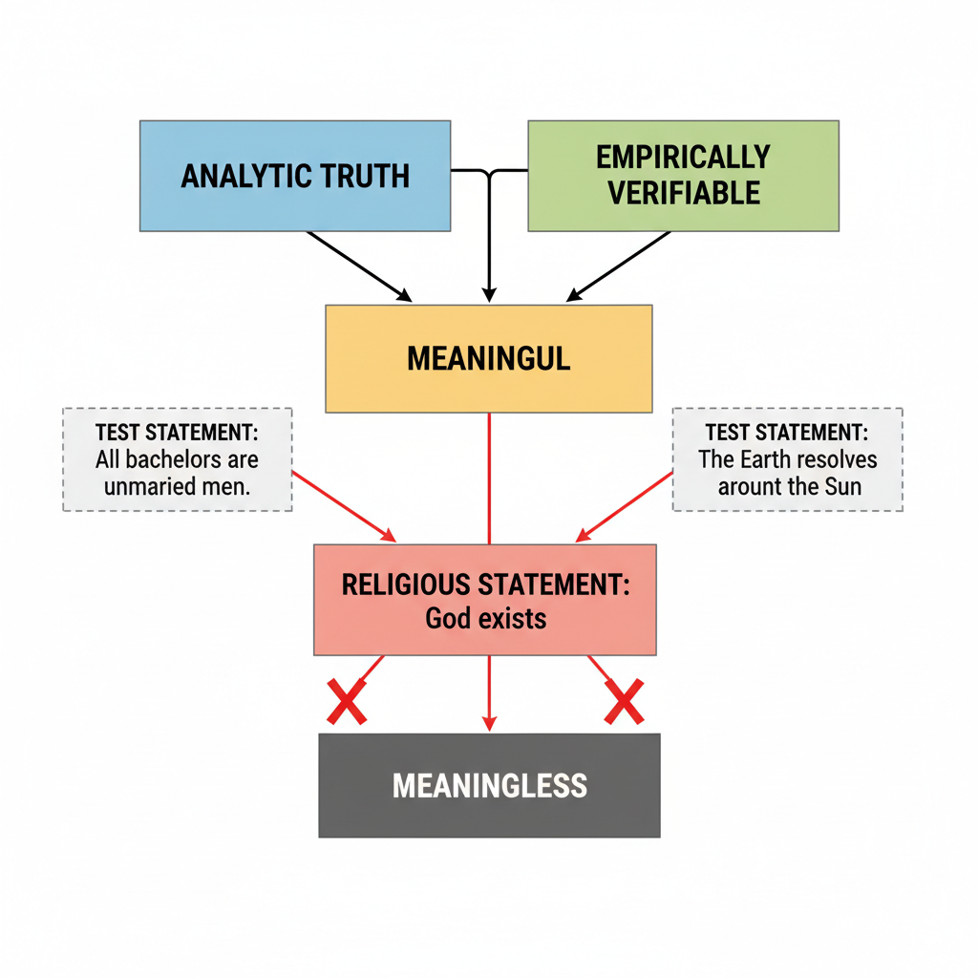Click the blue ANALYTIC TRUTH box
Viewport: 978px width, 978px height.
click(295, 176)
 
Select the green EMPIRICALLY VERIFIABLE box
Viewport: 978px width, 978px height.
click(683, 176)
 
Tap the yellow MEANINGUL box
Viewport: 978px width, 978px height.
click(488, 358)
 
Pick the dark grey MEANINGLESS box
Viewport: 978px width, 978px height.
click(489, 785)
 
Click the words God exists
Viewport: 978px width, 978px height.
click(485, 618)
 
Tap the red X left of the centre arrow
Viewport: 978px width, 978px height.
click(347, 702)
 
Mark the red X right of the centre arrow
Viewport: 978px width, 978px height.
click(624, 702)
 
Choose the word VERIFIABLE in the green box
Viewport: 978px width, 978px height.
click(684, 193)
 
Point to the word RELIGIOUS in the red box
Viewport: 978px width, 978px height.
click(400, 585)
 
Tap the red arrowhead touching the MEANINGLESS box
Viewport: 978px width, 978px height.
click(489, 725)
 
